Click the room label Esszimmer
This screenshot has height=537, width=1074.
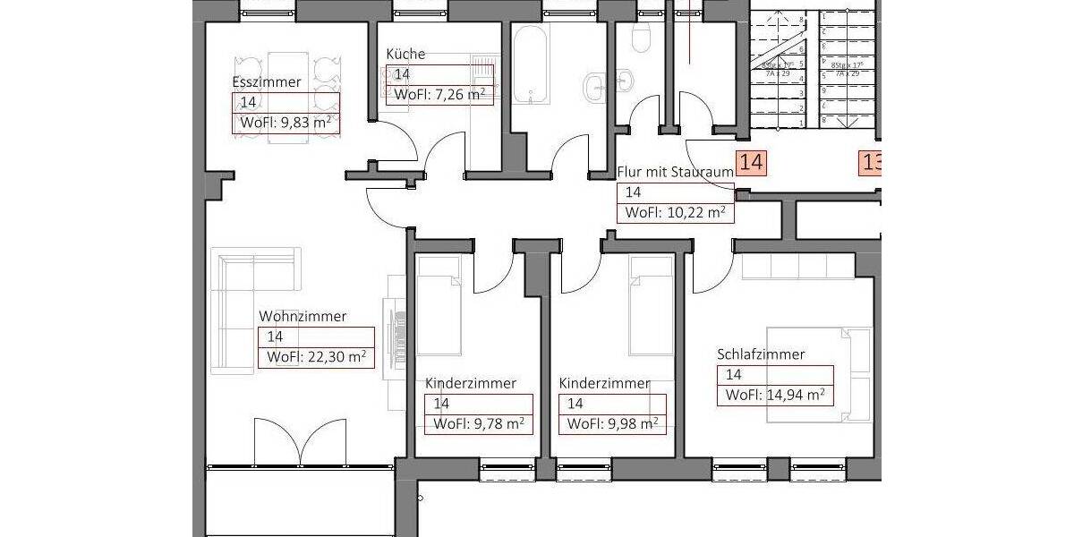[266, 82]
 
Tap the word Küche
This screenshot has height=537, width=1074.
[405, 54]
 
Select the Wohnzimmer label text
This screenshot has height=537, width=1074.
[303, 317]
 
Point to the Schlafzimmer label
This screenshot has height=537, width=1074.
[761, 354]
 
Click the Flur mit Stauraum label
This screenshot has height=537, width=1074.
[675, 172]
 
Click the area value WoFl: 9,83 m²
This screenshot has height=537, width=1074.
[286, 124]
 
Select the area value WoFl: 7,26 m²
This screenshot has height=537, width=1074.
[439, 94]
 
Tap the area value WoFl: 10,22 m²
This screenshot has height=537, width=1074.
[675, 213]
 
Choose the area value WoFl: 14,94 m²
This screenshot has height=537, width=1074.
[775, 395]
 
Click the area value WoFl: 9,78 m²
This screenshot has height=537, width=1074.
[478, 424]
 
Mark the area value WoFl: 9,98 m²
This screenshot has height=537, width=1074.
[613, 424]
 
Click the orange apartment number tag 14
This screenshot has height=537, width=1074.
[751, 163]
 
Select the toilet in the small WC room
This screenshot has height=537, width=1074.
[641, 37]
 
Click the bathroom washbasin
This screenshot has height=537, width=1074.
[596, 85]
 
